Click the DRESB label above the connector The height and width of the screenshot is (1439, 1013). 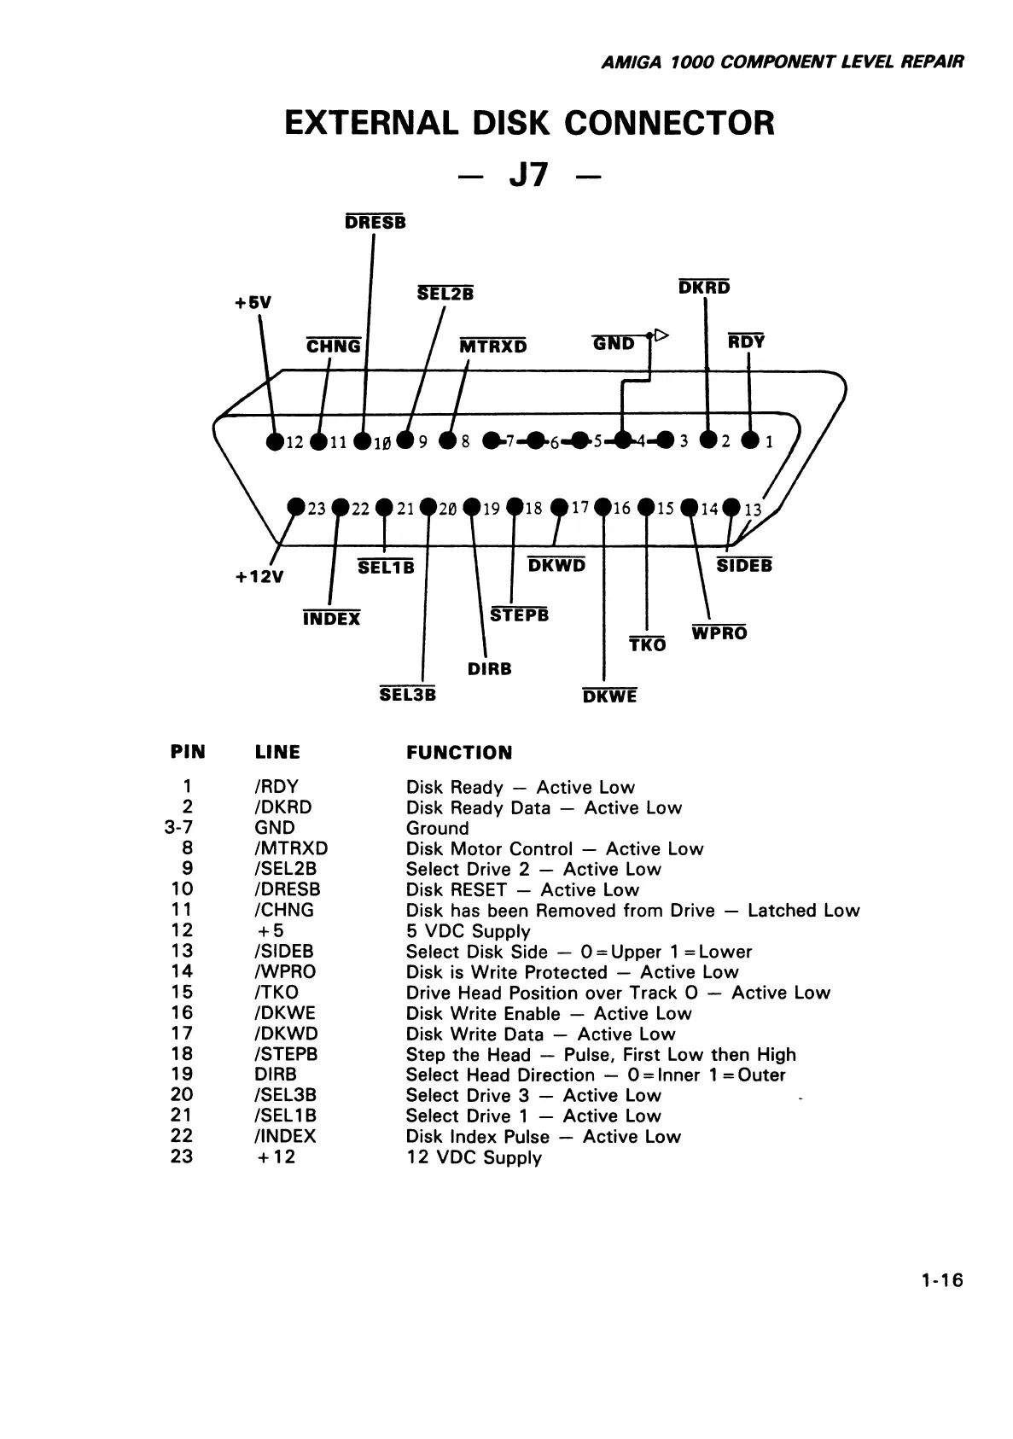click(376, 223)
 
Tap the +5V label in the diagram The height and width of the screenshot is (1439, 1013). click(253, 303)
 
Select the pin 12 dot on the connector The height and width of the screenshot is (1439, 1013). click(275, 441)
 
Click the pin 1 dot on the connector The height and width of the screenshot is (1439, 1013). click(750, 441)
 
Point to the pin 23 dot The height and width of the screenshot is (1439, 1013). click(296, 507)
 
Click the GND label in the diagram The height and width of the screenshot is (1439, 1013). click(614, 344)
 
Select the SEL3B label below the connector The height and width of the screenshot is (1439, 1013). click(408, 695)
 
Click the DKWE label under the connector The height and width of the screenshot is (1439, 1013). click(609, 696)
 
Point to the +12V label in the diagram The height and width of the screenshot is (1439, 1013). click(259, 577)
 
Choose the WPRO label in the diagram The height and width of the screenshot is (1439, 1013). click(719, 633)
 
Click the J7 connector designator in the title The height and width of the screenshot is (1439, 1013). click(528, 176)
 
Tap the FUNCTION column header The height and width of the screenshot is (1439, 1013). click(459, 753)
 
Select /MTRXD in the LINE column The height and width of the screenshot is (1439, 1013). click(291, 848)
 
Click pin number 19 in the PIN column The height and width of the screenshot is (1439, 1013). click(182, 1075)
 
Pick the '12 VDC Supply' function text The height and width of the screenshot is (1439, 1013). click(474, 1157)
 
